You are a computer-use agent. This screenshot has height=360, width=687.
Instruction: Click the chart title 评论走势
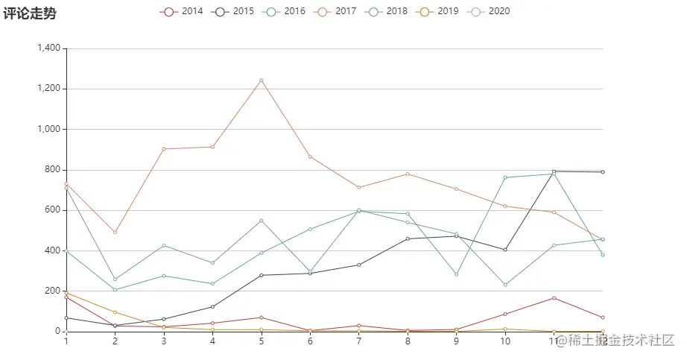click(x=30, y=13)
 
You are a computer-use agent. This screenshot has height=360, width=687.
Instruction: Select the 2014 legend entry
click(x=182, y=11)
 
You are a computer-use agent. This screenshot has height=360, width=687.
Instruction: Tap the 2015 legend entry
click(x=233, y=11)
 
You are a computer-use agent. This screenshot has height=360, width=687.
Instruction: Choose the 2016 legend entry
click(x=285, y=11)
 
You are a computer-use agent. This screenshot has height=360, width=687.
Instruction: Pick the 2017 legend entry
click(x=336, y=11)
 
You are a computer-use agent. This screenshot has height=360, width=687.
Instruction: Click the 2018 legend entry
click(x=387, y=11)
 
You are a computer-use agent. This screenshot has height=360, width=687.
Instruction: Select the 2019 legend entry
click(x=438, y=11)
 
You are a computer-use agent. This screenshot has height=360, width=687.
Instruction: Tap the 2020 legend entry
click(x=490, y=11)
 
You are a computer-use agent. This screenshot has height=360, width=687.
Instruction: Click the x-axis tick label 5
click(x=262, y=341)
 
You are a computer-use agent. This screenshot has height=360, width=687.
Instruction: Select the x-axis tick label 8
click(x=408, y=341)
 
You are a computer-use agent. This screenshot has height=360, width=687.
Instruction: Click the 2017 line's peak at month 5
click(x=262, y=80)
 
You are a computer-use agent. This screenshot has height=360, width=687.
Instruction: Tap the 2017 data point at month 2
click(x=115, y=232)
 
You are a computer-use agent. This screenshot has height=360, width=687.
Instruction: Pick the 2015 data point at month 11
click(x=554, y=171)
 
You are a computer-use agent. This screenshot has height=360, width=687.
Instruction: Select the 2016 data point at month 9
click(x=456, y=274)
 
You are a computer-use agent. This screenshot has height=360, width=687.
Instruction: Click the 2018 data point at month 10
click(x=505, y=285)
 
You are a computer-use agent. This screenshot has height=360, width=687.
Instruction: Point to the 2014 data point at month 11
click(x=554, y=298)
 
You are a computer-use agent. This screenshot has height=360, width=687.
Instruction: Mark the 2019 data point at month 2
click(x=115, y=312)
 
